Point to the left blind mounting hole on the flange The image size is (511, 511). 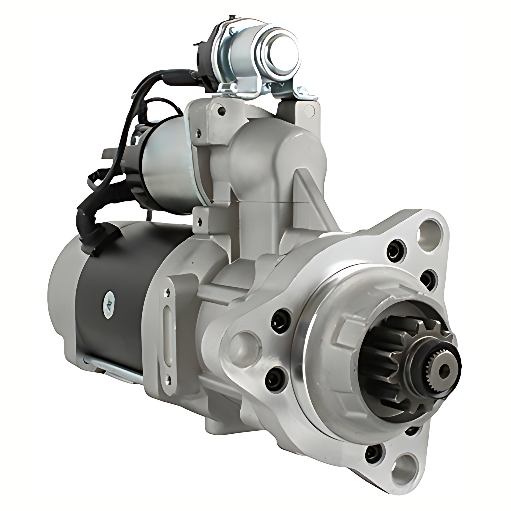pyautogui.click(x=245, y=341)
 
